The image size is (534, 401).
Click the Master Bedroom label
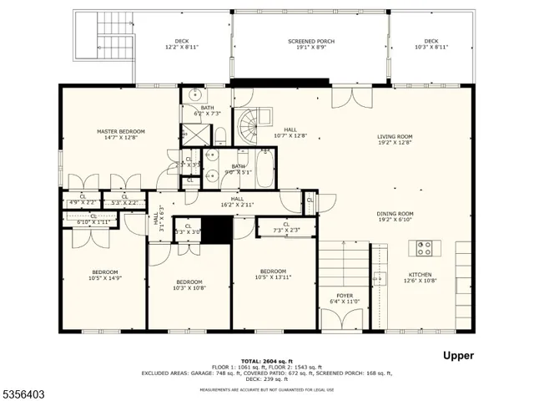coord(120,135)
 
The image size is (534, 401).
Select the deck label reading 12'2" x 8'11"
coord(181,44)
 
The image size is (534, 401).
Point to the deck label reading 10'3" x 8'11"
coord(431,44)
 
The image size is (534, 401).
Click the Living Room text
coord(395,140)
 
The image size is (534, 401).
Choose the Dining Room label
coord(395,216)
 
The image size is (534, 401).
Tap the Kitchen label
coord(420,277)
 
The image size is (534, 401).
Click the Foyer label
coord(345,299)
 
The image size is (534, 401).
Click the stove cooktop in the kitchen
coord(424,247)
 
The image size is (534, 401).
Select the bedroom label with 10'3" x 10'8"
coord(189,285)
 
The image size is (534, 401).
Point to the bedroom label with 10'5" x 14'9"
coord(105,275)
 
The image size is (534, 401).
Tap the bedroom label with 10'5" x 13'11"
coord(273,275)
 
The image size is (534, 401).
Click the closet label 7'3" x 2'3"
coord(286,226)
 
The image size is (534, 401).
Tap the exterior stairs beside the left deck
coord(107,38)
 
